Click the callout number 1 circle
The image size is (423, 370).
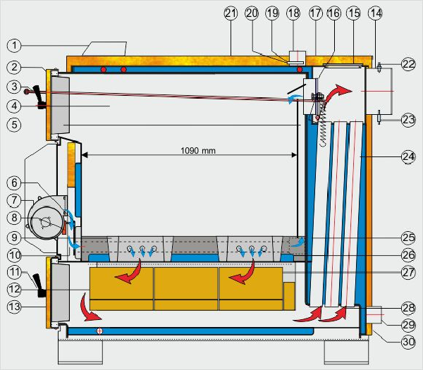pyautogui.click(x=14, y=45)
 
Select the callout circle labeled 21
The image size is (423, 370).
pyautogui.click(x=231, y=13)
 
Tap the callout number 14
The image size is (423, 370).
pyautogui.click(x=375, y=13)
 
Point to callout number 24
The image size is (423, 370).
pyautogui.click(x=408, y=156)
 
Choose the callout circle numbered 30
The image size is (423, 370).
pyautogui.click(x=408, y=342)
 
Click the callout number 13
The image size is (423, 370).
pyautogui.click(x=14, y=307)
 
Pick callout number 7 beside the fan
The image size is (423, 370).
pyautogui.click(x=14, y=200)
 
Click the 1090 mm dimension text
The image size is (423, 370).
pyautogui.click(x=198, y=150)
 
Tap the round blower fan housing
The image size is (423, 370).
pyautogui.click(x=46, y=222)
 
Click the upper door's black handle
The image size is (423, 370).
pyautogui.click(x=39, y=97)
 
